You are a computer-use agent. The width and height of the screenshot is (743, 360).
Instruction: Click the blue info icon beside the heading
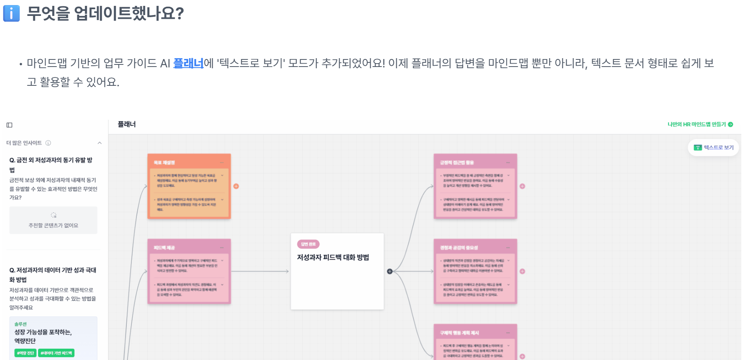tap(11, 13)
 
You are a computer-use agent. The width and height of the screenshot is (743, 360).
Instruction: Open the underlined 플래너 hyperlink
tap(188, 63)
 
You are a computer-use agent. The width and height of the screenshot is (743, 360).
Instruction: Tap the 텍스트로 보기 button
tap(714, 148)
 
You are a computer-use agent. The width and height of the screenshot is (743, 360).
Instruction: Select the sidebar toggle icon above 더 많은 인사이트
tap(10, 125)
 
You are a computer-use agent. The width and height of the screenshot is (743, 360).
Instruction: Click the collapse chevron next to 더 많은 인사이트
tap(100, 143)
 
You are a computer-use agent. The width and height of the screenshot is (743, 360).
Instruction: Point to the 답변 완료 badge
tap(308, 244)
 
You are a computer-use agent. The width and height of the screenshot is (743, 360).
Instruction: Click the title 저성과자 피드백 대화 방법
tap(333, 257)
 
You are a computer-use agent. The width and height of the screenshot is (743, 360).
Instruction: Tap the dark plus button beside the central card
tap(389, 271)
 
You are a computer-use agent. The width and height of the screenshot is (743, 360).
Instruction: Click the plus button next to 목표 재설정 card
tap(236, 186)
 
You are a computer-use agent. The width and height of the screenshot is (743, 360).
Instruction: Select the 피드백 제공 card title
tap(164, 248)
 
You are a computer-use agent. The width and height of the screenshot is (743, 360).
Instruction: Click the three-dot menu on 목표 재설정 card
tap(222, 162)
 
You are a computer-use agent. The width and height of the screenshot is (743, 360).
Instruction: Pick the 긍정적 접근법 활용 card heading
tap(457, 162)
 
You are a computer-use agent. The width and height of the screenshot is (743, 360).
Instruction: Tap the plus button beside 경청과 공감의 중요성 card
tap(522, 271)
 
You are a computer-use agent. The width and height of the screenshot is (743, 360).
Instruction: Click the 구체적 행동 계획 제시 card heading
tap(459, 333)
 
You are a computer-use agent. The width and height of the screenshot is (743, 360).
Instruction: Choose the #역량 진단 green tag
tap(26, 353)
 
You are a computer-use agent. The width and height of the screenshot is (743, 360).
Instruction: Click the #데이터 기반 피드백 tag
tap(56, 353)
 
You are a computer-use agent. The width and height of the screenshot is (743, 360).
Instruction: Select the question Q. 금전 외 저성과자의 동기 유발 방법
tap(51, 165)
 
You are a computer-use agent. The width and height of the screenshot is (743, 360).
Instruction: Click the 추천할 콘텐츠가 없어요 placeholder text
tap(53, 225)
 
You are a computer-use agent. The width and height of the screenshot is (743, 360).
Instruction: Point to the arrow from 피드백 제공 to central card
tap(259, 271)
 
